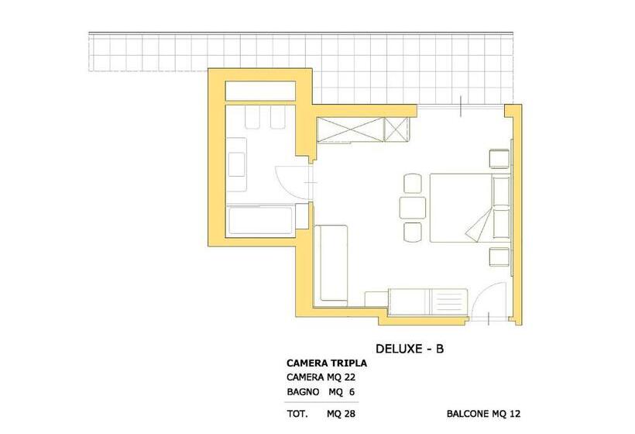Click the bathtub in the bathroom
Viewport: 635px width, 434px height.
coord(261,221)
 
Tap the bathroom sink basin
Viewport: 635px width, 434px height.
coord(236,164)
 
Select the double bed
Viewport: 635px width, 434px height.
coord(469,208)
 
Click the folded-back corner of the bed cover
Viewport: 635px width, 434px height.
coord(479,224)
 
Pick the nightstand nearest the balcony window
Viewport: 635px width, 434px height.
coord(499,159)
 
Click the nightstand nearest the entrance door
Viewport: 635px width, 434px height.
coord(499,257)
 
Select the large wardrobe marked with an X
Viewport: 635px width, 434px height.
coord(349,129)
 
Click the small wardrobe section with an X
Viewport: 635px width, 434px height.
coord(396,129)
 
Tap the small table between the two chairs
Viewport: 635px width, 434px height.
coord(413,208)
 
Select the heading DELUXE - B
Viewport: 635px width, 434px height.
coord(410,349)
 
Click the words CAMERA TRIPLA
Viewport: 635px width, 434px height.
coord(327,363)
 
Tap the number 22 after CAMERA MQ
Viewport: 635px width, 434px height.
coord(349,377)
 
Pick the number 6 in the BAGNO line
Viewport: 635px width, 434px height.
coord(352,392)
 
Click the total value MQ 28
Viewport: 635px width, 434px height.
coord(341,414)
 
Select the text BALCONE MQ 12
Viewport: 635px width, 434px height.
coord(483,414)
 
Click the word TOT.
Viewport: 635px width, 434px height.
coord(297,414)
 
